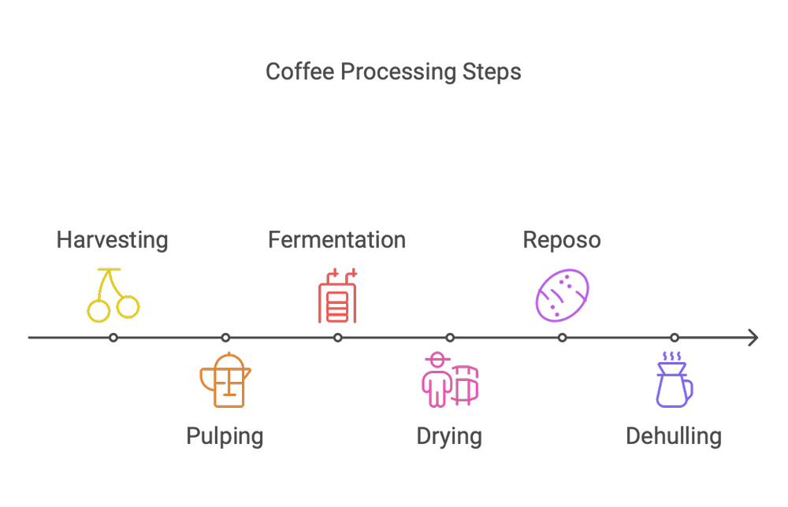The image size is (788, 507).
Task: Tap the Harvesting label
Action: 112,240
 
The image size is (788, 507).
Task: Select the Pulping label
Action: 225,435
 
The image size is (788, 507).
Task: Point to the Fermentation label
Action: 336,240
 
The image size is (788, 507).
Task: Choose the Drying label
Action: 449,435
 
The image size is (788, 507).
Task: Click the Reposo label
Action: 562,240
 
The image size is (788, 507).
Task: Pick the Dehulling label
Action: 674,435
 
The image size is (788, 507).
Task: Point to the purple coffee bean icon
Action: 563,295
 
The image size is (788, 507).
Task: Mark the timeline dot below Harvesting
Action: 113,338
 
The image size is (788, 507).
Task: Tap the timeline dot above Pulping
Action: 225,338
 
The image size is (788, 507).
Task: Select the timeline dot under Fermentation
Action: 337,338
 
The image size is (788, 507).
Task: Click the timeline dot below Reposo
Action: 562,338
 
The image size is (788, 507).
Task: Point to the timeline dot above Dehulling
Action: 675,338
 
